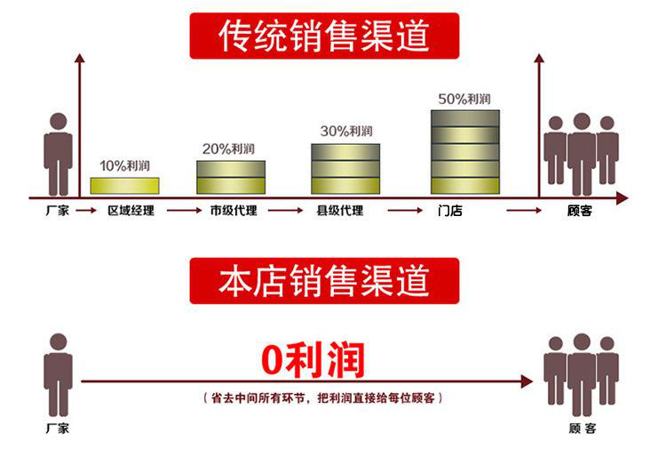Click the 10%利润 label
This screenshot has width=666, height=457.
(125, 165)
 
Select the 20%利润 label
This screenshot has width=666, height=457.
(228, 148)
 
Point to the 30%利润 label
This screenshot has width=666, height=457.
(346, 131)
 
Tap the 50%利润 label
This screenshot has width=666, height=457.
(464, 99)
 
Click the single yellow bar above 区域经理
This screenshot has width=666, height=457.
(125, 186)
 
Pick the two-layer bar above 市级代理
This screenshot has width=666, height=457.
(231, 177)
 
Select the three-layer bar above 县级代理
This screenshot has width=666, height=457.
(345, 169)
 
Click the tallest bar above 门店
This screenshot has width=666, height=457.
(465, 152)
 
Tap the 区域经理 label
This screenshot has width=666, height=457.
(131, 211)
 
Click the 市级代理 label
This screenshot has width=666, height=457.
(234, 211)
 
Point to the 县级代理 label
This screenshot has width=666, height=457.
(340, 211)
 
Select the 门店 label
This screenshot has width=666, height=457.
(450, 211)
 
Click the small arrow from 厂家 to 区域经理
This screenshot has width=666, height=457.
(86, 210)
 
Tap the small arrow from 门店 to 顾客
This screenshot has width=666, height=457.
(524, 210)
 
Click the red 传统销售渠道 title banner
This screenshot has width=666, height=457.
(324, 36)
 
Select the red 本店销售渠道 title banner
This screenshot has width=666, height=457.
(324, 281)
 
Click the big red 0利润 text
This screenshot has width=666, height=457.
(313, 360)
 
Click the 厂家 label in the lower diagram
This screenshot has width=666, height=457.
(58, 428)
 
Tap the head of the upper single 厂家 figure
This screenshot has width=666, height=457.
(59, 121)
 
